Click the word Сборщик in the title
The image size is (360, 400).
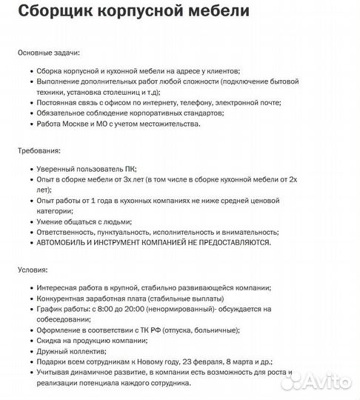coord(55,12)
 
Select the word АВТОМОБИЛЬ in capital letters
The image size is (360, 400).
coord(64,242)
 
